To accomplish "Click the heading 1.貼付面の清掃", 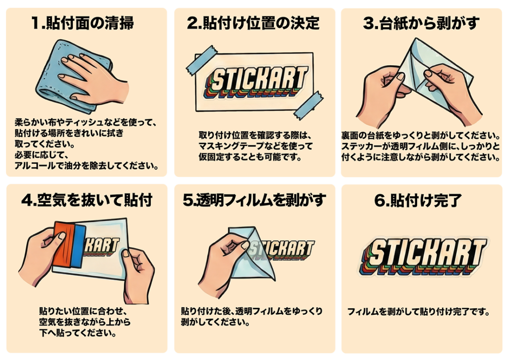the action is click(x=83, y=23).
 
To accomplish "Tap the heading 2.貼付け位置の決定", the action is click(x=254, y=23).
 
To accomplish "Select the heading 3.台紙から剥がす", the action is click(x=421, y=23).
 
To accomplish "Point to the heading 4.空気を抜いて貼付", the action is click(x=87, y=200).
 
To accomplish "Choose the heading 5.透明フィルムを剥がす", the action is click(x=254, y=200).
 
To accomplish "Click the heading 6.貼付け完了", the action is click(x=418, y=200).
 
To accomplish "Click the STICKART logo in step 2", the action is click(x=255, y=82).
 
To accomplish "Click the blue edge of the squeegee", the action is click(x=79, y=246).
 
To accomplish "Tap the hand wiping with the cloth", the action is click(x=94, y=78).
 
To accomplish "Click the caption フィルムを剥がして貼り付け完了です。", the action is click(x=418, y=312).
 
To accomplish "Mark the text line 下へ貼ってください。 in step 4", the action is click(x=78, y=333).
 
